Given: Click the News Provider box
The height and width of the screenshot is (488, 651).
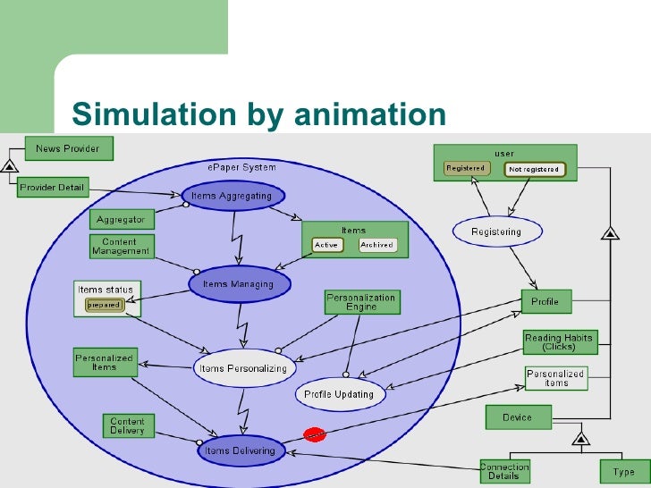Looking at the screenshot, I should pos(69,147).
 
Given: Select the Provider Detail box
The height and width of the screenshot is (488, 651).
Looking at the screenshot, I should pos(53,187).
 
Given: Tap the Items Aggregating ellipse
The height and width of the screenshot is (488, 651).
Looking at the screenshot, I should pos(232,195).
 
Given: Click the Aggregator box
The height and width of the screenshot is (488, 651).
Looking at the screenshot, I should pos(121,219).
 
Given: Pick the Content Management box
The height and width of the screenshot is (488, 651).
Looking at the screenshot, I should pos(121,246).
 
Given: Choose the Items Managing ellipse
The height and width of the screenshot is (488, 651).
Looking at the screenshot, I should pos(240,284).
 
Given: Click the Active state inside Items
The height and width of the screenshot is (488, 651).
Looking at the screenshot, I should pos(326,245).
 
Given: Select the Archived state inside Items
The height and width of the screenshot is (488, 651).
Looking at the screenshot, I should pos(377,245).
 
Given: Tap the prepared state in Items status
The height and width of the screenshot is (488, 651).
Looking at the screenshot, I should pos(104,305).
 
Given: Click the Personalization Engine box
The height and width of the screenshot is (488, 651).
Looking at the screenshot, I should pos(360,302).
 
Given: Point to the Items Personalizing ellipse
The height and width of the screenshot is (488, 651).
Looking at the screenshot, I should pos(244,367).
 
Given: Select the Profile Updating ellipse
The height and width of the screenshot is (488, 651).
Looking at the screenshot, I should pos(340,393).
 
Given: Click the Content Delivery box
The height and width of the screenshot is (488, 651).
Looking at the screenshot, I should pos(127,425).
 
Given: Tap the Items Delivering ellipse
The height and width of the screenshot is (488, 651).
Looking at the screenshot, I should pos(241,450).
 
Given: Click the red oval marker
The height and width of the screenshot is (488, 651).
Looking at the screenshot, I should pos(314,434).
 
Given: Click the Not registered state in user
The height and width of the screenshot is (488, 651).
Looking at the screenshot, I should pos(534,169).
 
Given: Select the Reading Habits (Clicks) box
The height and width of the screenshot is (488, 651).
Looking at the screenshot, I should pos(559,342).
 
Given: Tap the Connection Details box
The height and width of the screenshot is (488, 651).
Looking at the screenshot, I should pos(504,471).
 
